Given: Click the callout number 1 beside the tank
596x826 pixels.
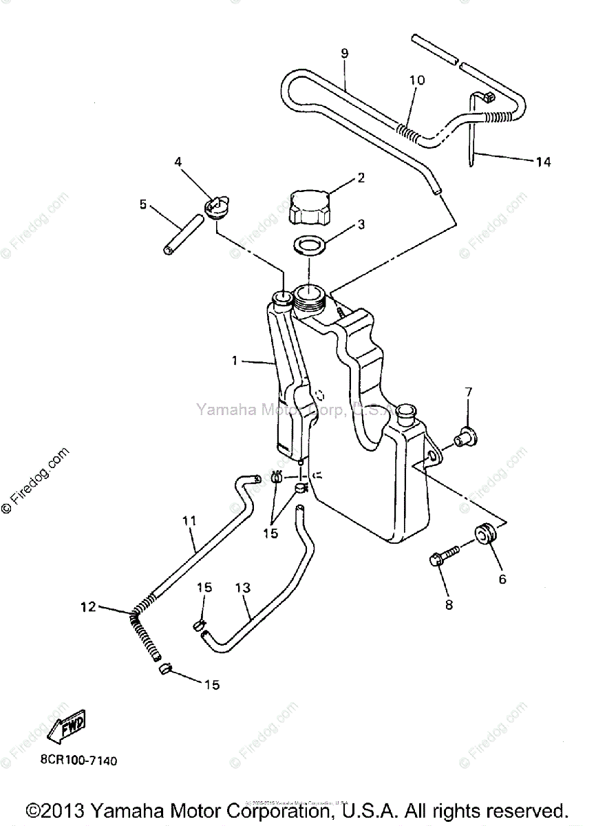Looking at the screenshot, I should tap(235, 360).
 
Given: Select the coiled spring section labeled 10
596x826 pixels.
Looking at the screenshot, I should tap(410, 127).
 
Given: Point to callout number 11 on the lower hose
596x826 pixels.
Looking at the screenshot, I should tap(190, 522).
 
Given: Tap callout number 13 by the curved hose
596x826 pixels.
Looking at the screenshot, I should tap(242, 589).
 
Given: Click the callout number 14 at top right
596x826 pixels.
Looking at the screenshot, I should tap(542, 162).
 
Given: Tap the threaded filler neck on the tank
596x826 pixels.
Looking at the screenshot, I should tap(308, 297).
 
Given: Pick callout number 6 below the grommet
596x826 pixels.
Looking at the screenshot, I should tap(502, 580).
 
